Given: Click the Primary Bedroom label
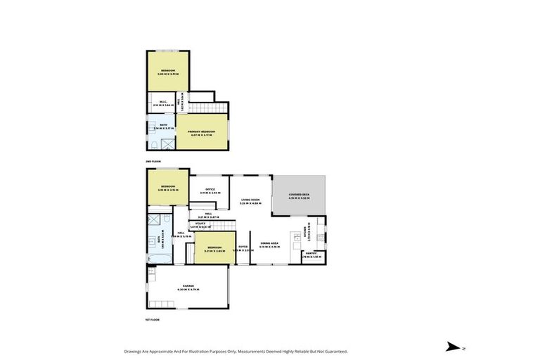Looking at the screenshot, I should click(x=200, y=131).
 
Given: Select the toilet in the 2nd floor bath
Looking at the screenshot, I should click(x=153, y=145).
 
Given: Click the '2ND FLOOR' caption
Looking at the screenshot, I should click(x=153, y=162).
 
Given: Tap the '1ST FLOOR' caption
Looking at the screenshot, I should click(x=153, y=319).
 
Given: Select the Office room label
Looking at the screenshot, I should click(x=210, y=189).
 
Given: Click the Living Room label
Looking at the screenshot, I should click(x=252, y=200).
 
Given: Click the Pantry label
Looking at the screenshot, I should click(x=311, y=254).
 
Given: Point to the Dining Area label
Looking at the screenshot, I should click(x=270, y=243).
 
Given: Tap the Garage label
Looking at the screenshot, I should click(x=188, y=286).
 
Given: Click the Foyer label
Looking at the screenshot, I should click(x=242, y=247).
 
